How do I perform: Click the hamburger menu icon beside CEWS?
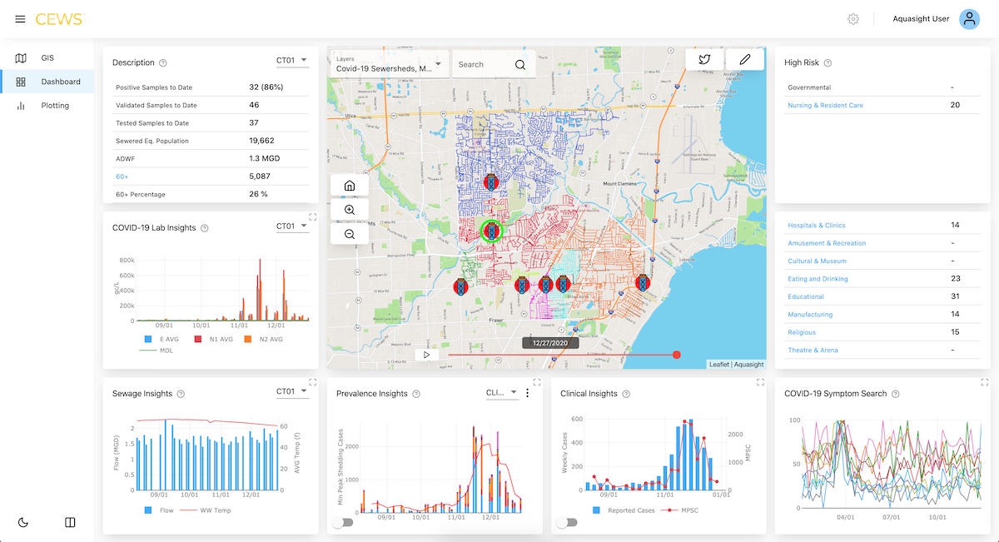[x=20, y=19]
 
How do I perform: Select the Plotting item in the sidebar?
[x=55, y=106]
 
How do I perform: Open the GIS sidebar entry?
[x=47, y=58]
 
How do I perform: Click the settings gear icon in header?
[x=853, y=19]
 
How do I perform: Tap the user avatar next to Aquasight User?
[x=969, y=19]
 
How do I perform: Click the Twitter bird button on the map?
[x=704, y=59]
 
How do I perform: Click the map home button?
[x=350, y=186]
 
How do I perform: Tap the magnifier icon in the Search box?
[x=520, y=65]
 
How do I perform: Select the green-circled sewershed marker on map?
[x=492, y=231]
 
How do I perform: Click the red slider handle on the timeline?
[x=676, y=355]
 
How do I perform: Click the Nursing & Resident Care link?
[x=825, y=106]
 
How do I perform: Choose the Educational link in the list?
[x=806, y=296]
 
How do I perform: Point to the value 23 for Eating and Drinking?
[x=955, y=279]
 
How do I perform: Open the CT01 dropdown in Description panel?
[x=292, y=61]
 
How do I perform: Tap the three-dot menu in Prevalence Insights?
[x=527, y=393]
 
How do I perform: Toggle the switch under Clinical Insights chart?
[x=567, y=522]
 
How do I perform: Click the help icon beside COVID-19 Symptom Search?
[x=895, y=394]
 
